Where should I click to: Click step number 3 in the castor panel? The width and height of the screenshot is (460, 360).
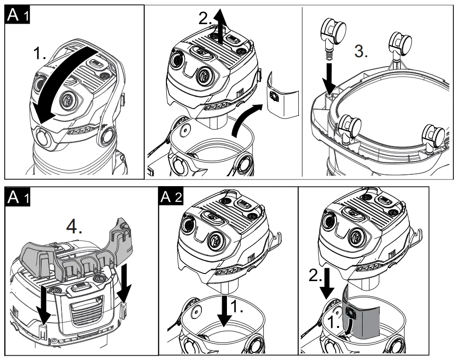tap(361, 52)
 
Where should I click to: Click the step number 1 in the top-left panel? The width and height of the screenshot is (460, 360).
tap(40, 54)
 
